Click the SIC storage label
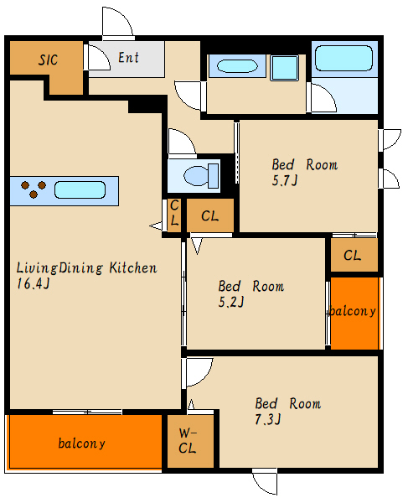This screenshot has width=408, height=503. pos(48,60)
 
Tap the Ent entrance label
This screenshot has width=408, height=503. pos(128,58)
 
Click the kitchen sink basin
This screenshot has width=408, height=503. pos(80,190)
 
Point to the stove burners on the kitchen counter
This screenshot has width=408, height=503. pos(34,189)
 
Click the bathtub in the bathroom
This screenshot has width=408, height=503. pos(343,58)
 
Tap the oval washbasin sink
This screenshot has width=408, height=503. pos(237,66)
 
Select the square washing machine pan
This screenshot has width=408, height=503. pos(284,68)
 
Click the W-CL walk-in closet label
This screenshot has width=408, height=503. pos(188,441)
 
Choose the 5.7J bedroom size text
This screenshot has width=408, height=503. pos(285,181)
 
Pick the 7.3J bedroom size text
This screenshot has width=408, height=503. pos(267,420)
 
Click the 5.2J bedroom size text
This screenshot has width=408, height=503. pos(231,302)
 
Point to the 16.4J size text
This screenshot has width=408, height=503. pos(34,283)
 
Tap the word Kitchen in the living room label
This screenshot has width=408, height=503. pos(133,268)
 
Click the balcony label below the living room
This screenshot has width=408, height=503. pos(82,443)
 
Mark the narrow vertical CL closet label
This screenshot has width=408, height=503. pos(174,212)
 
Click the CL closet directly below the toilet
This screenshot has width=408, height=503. pos(210,216)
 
